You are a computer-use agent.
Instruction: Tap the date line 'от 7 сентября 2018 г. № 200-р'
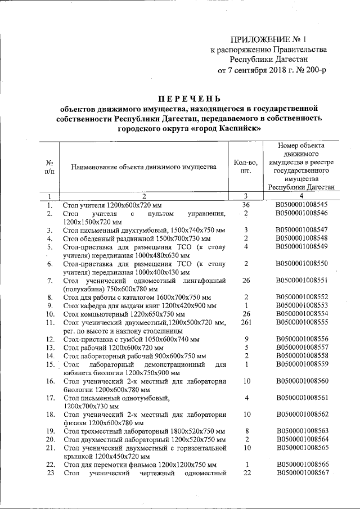271,70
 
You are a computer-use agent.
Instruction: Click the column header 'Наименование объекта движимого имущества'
144,167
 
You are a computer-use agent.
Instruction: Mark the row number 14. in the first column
49,356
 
